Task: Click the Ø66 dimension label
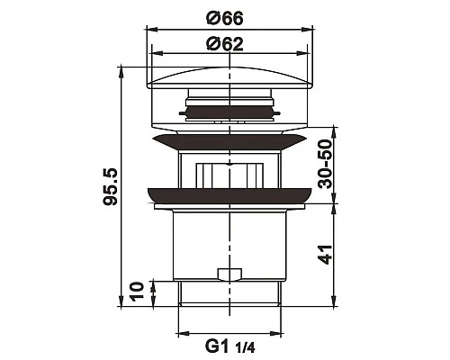point(225,19)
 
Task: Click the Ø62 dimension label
point(225,44)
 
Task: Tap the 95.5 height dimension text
point(110,186)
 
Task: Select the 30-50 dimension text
point(326,164)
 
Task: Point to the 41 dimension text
point(326,255)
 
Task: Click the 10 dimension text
point(137,292)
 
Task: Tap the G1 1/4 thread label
point(230,346)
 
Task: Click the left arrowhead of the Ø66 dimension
point(151,29)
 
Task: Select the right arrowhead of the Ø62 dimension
point(302,54)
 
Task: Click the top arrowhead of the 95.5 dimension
point(121,72)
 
